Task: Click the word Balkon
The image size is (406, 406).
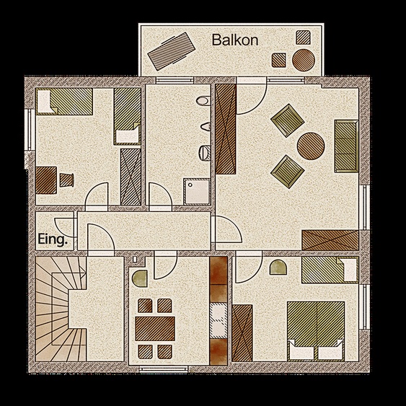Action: pyautogui.click(x=235, y=40)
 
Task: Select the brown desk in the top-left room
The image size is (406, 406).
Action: pyautogui.click(x=47, y=180)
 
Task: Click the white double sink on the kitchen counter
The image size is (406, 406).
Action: pyautogui.click(x=219, y=318)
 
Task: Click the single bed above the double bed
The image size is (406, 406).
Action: pyautogui.click(x=328, y=271)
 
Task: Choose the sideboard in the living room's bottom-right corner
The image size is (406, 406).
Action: pyautogui.click(x=330, y=239)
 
